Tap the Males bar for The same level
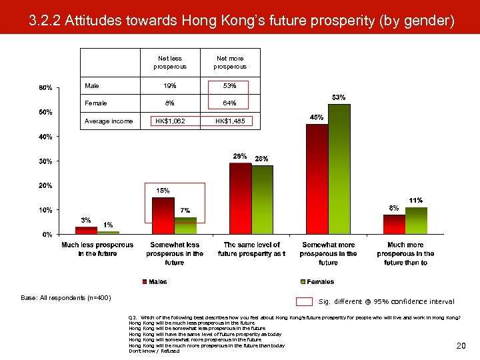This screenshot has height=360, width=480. (240, 198)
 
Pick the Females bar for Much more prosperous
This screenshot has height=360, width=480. (416, 220)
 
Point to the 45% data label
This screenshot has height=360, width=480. (317, 117)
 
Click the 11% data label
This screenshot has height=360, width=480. (416, 200)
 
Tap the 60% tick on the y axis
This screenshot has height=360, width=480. (45, 87)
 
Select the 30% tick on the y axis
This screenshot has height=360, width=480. (45, 161)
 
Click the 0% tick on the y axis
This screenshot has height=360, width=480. (47, 235)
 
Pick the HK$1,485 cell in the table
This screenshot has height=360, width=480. (230, 121)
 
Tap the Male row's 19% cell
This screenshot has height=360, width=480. (170, 85)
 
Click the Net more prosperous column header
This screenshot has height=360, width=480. (230, 62)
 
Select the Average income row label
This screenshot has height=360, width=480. (108, 121)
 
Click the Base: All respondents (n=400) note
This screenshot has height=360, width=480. (75, 297)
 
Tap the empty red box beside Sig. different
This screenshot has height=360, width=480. (304, 301)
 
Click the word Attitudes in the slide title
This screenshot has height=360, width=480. (93, 21)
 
